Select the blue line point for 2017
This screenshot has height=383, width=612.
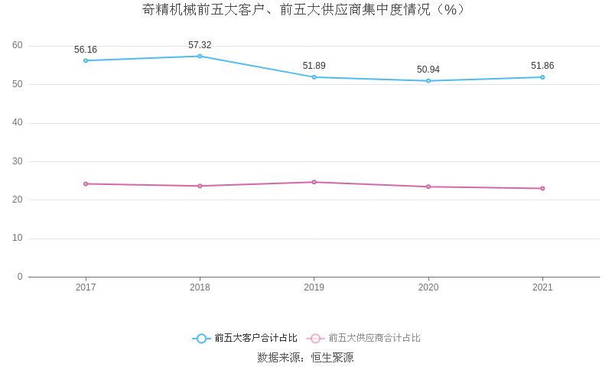click(86, 60)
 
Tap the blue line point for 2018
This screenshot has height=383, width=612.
click(200, 56)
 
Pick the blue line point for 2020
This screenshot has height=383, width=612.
click(428, 80)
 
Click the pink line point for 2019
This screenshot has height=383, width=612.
click(314, 182)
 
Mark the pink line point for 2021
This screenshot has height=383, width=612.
click(542, 188)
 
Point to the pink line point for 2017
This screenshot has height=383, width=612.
click(86, 183)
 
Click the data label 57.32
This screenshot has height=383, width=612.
click(200, 45)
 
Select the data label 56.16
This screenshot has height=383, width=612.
click(86, 50)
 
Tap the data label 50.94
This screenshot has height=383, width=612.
click(428, 70)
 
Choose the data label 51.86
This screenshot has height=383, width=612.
click(542, 66)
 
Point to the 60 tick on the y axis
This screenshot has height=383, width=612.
click(18, 46)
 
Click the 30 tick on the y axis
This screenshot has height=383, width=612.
click(18, 161)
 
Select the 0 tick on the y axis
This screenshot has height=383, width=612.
click(20, 277)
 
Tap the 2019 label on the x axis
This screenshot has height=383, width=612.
click(314, 287)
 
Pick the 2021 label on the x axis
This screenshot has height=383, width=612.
click(542, 287)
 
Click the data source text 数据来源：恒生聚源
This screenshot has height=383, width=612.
click(305, 358)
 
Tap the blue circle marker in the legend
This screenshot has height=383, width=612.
click(201, 338)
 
